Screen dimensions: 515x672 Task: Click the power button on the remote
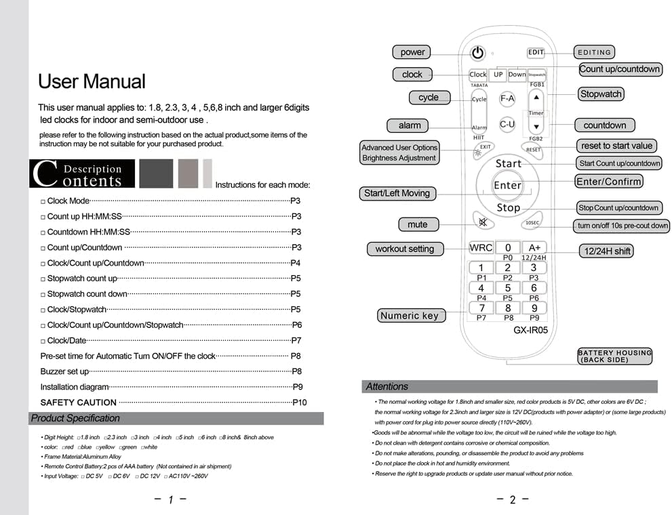(x=478, y=53)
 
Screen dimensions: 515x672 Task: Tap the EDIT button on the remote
(x=536, y=52)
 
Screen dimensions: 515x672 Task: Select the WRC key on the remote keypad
(x=481, y=248)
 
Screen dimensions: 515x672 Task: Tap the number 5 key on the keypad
(x=507, y=288)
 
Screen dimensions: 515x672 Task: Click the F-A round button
(x=507, y=99)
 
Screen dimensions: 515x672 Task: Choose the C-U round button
(x=507, y=125)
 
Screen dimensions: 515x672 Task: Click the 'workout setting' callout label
(x=404, y=249)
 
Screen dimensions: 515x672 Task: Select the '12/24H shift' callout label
(x=607, y=251)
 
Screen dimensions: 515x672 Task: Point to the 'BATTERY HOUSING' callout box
(x=614, y=356)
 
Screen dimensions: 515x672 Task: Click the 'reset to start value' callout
(x=616, y=146)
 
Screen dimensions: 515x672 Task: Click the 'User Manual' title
(x=92, y=82)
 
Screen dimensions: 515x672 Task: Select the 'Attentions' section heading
(x=387, y=387)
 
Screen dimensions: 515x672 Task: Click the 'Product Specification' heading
(x=75, y=418)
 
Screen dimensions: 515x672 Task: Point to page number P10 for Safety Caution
(x=299, y=403)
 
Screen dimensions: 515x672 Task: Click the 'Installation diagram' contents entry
(x=75, y=387)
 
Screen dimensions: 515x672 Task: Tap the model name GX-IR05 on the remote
(x=530, y=331)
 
